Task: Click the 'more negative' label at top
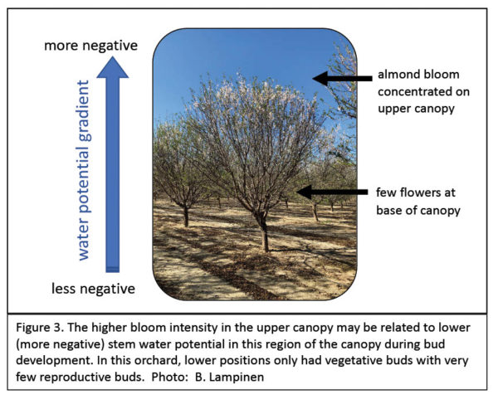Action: [90, 45]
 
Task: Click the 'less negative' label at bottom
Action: [90, 289]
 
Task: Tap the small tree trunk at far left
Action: [185, 217]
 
